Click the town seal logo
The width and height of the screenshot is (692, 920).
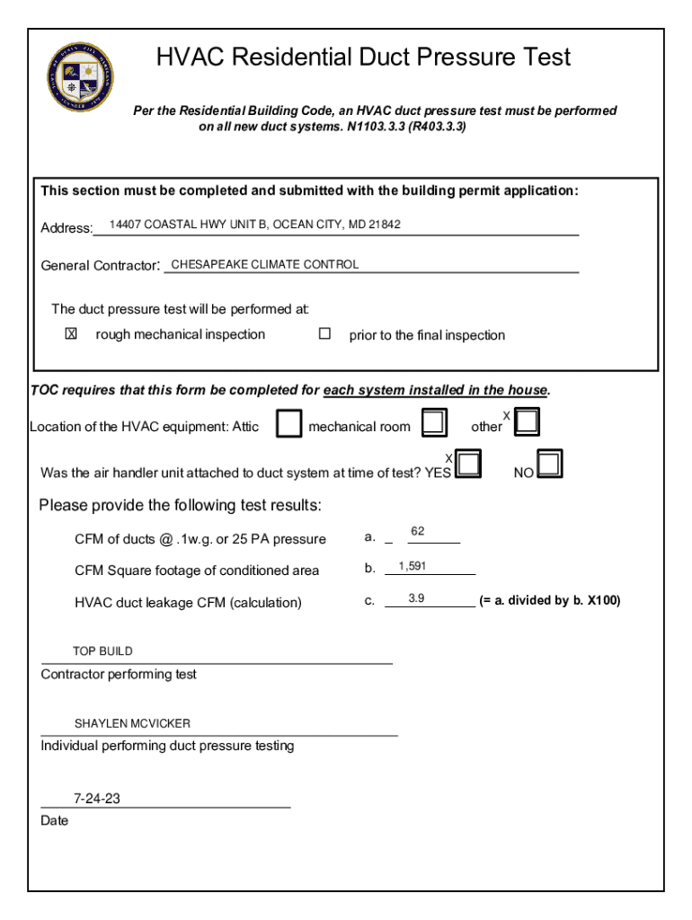(x=81, y=77)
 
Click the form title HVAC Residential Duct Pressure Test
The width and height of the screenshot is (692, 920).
(x=363, y=57)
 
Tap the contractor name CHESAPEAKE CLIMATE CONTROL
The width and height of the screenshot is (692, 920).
(x=264, y=264)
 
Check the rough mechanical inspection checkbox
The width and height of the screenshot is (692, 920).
(x=71, y=333)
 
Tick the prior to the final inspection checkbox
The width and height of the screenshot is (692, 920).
(x=324, y=333)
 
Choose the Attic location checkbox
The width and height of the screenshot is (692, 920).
(x=288, y=423)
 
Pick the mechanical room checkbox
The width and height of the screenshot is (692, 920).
(x=435, y=421)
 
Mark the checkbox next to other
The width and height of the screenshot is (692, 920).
(x=527, y=421)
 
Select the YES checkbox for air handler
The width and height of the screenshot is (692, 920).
(x=469, y=464)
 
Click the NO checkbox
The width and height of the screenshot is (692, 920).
(x=550, y=464)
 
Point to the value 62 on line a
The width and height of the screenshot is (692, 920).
(x=418, y=532)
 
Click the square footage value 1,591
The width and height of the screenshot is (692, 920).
(x=413, y=567)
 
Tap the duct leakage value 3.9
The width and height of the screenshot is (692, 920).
(x=416, y=598)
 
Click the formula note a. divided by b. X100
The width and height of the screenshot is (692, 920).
(x=549, y=600)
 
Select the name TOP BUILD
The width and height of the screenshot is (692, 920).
(x=102, y=651)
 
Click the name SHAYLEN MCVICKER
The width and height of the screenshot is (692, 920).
(x=132, y=723)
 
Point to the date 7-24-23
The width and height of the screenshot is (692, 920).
(x=97, y=798)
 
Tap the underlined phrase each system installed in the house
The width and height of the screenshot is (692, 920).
(x=435, y=390)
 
